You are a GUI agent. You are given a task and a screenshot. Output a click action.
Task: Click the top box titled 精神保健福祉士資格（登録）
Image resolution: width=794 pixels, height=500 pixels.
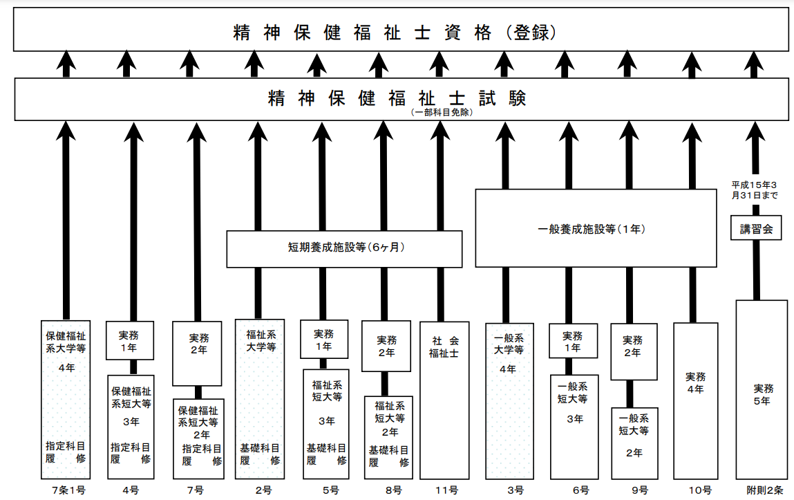[401, 29]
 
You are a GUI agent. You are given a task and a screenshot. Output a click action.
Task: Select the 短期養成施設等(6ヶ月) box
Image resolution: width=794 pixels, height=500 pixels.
[344, 249]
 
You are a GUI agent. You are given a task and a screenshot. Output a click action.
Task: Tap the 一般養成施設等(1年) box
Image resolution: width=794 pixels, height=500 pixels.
[596, 228]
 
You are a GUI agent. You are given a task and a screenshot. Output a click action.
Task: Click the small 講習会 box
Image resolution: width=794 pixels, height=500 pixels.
[756, 228]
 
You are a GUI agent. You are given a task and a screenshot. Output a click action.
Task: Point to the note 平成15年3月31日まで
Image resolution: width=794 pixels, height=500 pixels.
[755, 190]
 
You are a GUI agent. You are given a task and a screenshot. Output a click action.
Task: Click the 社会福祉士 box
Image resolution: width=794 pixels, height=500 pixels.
[444, 400]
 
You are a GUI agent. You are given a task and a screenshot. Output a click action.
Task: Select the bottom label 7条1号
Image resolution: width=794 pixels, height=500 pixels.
[69, 490]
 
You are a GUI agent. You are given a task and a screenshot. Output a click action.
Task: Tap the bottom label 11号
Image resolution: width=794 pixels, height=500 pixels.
[446, 490]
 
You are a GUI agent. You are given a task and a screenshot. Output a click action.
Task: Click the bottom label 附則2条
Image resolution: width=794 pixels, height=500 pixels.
[764, 490]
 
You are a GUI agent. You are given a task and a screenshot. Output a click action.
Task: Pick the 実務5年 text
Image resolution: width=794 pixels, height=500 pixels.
[763, 395]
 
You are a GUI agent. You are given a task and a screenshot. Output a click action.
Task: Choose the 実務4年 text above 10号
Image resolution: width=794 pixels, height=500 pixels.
[695, 383]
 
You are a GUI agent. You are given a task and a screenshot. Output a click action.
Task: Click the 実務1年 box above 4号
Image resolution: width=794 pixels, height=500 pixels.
[130, 340]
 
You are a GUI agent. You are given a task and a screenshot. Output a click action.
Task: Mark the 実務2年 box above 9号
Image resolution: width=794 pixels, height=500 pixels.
[634, 351]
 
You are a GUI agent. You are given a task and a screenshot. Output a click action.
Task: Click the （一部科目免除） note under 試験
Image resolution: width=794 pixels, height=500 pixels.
[442, 113]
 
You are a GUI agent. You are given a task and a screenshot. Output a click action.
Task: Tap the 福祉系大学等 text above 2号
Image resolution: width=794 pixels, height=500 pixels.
[261, 341]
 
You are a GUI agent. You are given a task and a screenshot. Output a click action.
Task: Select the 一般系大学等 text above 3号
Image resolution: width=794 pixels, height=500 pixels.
[509, 344]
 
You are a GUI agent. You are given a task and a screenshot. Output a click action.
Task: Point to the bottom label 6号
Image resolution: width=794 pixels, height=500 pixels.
[580, 490]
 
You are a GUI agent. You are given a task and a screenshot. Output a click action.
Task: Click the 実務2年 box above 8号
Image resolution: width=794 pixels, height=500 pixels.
[386, 346]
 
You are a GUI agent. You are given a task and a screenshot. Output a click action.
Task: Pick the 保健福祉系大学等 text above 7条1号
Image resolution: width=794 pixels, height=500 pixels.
[66, 342]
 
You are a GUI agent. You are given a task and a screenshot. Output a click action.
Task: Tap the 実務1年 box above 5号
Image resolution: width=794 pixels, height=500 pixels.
[324, 339]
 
